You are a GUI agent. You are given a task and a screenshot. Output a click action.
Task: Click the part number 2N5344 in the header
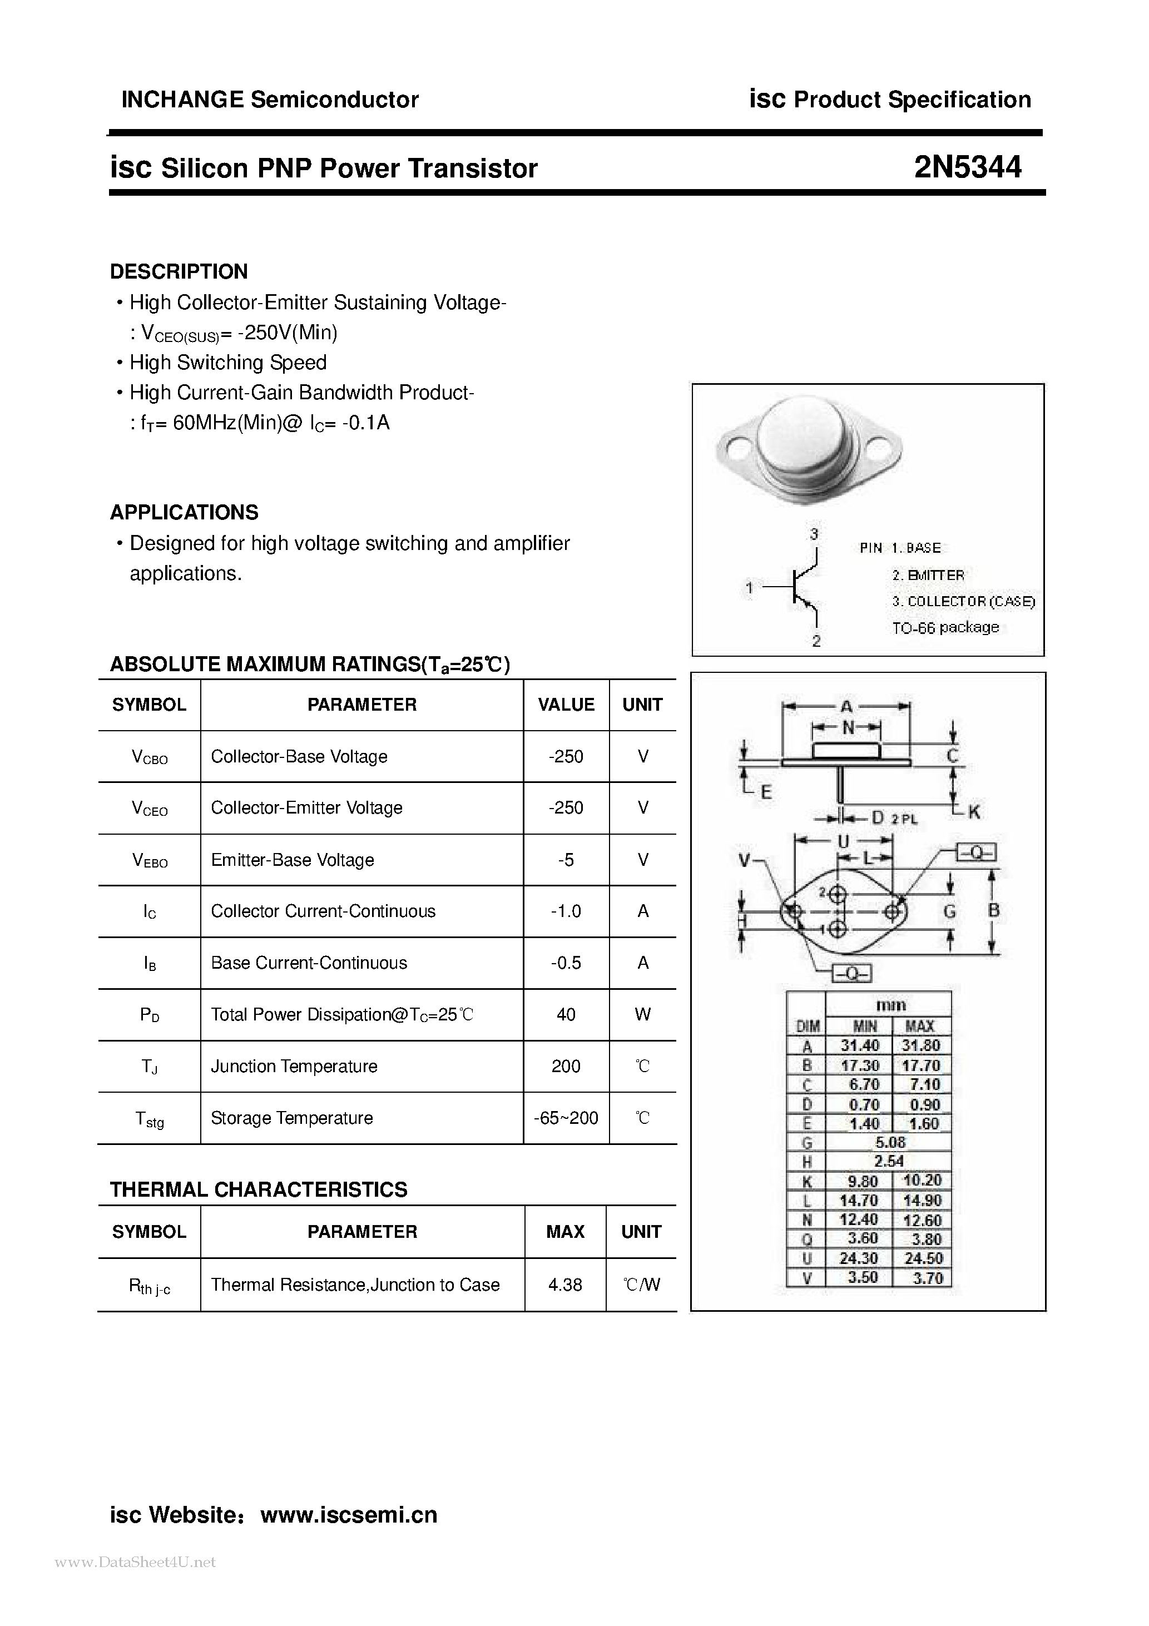[967, 168]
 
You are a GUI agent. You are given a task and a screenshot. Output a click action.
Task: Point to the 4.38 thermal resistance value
[564, 1285]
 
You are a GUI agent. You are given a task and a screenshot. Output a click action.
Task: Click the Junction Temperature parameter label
[294, 1066]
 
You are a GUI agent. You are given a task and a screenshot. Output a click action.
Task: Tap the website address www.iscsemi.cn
[349, 1515]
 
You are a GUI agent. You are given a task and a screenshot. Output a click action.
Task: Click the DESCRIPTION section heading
[179, 271]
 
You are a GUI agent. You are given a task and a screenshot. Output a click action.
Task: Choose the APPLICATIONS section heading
[184, 512]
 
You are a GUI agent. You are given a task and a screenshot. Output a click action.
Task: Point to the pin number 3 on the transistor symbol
[814, 534]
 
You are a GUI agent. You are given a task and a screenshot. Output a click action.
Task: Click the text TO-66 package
[945, 627]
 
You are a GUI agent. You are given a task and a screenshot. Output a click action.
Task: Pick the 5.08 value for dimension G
[890, 1142]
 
